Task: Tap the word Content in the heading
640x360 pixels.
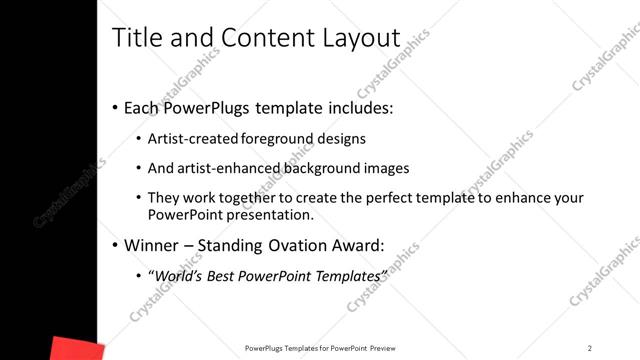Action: click(264, 38)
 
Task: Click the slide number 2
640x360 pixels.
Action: click(590, 347)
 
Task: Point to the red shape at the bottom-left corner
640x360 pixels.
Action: click(76, 349)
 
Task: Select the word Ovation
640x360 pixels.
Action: click(288, 244)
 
